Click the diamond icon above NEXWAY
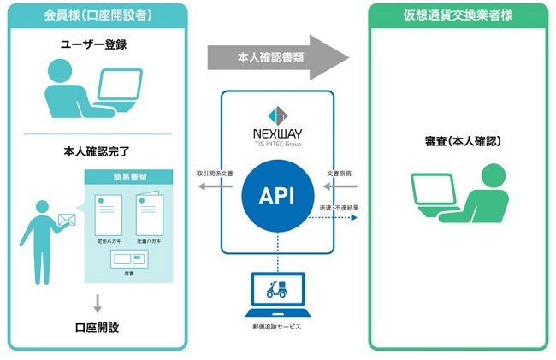tap(276, 115)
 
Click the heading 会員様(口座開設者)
tap(97, 15)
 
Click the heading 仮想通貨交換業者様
tap(457, 15)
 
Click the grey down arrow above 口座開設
tap(97, 302)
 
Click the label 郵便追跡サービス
tap(277, 327)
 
